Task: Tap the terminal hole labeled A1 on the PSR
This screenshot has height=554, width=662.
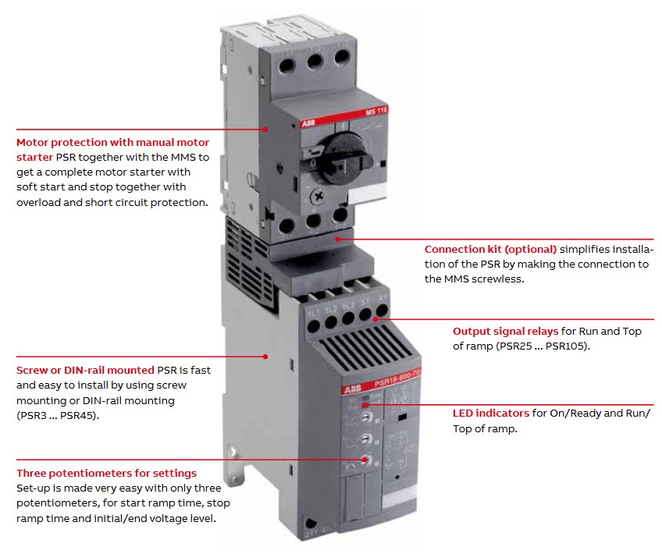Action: coord(382,311)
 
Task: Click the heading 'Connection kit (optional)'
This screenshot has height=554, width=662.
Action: coord(490,250)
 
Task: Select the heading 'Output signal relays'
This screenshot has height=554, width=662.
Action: coord(505,332)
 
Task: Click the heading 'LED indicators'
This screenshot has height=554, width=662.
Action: coord(491,413)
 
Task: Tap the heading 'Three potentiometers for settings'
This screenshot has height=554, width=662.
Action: coord(106,473)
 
